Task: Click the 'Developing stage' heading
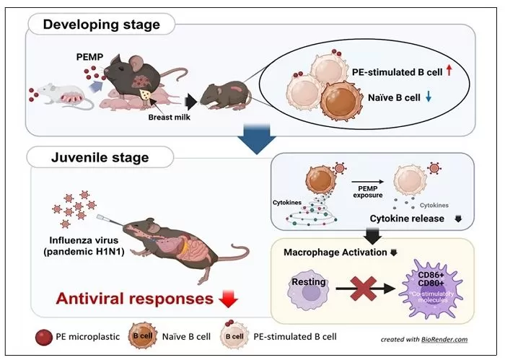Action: click(x=101, y=25)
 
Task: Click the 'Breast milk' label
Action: click(x=170, y=117)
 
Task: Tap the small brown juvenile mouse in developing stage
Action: click(x=222, y=94)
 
